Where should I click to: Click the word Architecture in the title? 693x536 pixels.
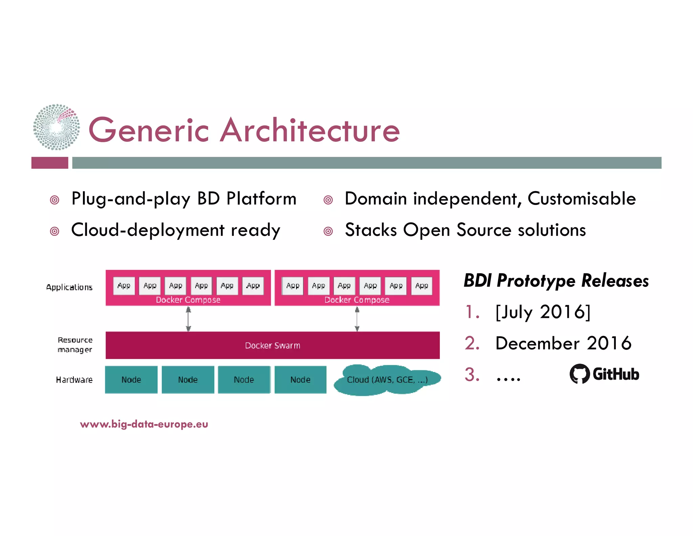310,130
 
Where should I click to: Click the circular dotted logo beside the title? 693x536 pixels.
56,127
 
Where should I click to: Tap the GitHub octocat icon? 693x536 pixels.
579,374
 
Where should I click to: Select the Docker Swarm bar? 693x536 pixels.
272,345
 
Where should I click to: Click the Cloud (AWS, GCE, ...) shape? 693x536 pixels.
387,380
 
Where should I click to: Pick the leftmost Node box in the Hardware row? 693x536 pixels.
131,379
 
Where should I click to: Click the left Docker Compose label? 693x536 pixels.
188,300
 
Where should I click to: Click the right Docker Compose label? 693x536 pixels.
357,300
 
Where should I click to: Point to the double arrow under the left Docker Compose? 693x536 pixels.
188,319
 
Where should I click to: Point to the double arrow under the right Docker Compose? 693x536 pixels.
357,319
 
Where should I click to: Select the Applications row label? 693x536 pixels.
69,287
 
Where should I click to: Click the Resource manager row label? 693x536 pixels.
75,345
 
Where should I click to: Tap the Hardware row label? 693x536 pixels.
74,380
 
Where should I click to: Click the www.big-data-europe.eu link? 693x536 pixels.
144,424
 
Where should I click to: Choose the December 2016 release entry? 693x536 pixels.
563,343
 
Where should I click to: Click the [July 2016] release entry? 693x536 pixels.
543,312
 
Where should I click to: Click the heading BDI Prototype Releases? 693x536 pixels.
556,281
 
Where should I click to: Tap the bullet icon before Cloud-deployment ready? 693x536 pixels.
54,231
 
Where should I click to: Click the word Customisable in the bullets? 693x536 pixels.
581,199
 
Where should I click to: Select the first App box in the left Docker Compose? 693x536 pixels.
124,286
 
